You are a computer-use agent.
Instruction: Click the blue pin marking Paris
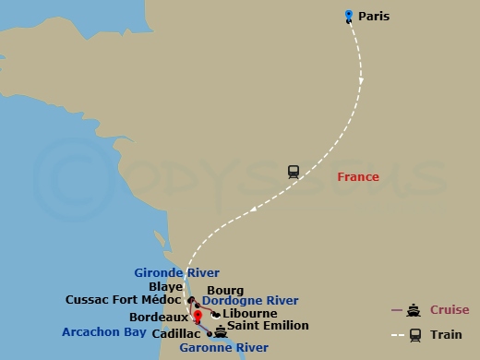348,15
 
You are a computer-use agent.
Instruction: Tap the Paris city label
374,16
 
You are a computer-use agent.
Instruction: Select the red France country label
358,176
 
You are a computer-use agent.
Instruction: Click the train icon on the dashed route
294,171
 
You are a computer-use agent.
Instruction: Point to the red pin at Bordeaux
197,316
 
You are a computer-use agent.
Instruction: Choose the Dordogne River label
250,301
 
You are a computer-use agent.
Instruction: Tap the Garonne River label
223,348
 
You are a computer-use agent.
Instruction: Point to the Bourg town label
225,290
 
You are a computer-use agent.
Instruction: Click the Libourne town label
250,314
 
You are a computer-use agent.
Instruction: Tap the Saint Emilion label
268,326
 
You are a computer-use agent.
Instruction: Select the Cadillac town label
178,333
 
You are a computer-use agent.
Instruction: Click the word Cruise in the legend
449,309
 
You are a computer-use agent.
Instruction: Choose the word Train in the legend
446,334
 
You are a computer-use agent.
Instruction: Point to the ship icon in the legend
414,310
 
